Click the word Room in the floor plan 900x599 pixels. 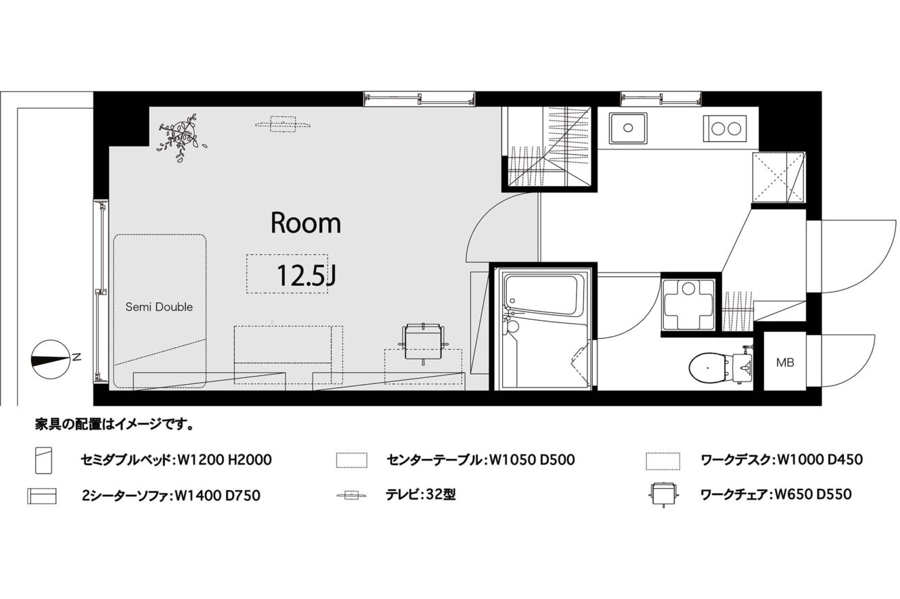[x=306, y=223]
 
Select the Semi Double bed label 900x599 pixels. [x=159, y=307]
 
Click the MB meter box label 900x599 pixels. [x=785, y=363]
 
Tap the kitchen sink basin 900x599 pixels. [x=628, y=128]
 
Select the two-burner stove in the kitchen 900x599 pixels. [x=724, y=128]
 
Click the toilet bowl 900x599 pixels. [x=709, y=368]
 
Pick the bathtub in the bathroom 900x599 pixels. [x=541, y=295]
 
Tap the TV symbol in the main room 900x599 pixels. [x=284, y=124]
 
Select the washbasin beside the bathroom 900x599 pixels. [x=688, y=304]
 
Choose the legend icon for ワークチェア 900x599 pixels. [x=663, y=495]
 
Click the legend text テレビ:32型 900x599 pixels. [x=421, y=495]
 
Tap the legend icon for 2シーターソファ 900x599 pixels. [x=42, y=496]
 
